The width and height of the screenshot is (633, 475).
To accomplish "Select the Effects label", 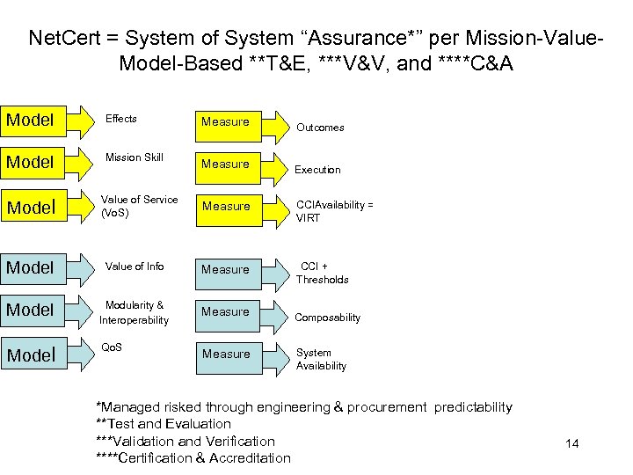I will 121,119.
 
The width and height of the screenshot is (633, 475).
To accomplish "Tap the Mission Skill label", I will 135,157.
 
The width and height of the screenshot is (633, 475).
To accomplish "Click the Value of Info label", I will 135,267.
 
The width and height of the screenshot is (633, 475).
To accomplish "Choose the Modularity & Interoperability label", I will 134,313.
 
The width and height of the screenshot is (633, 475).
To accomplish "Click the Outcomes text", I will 320,128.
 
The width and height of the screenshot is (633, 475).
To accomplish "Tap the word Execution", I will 317,170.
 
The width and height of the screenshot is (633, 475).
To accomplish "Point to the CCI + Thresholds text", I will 322,273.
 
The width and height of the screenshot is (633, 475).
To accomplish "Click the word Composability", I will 327,318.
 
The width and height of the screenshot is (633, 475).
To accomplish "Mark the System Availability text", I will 321,360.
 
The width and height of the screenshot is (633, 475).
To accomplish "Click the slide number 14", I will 572,443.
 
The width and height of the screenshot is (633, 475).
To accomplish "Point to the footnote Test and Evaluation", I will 163,424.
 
